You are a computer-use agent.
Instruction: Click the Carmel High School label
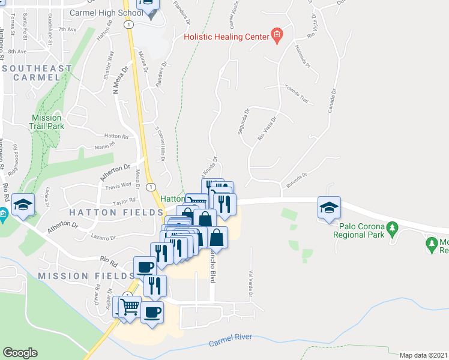tap(105, 13)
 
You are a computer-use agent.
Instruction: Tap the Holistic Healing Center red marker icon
tap(277, 36)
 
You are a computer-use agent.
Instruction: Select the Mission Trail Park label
tap(46, 122)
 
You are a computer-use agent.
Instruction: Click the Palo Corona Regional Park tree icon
tap(393, 227)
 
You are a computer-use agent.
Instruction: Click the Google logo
tap(20, 353)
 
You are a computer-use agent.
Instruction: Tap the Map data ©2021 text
tap(423, 355)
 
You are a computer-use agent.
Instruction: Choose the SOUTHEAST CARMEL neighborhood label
tap(37, 74)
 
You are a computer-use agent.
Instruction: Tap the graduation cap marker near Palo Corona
tap(329, 208)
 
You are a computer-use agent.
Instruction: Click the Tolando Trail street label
tap(296, 94)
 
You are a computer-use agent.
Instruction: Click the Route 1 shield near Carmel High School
tap(129, 25)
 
